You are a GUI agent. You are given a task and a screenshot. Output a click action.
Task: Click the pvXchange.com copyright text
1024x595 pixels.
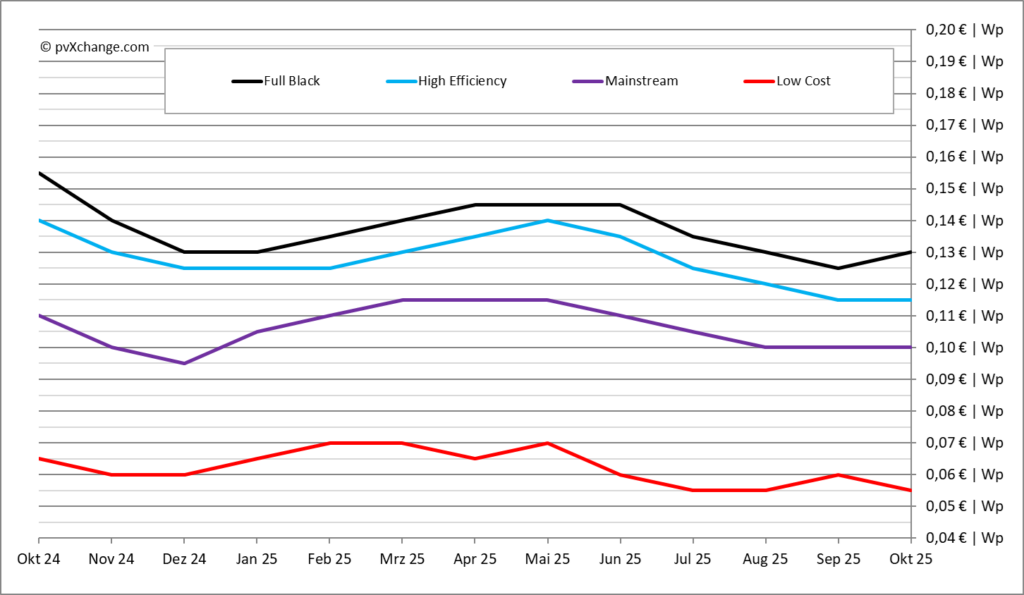[x=95, y=46]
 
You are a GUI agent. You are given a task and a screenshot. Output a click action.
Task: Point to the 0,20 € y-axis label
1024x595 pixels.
[x=964, y=30]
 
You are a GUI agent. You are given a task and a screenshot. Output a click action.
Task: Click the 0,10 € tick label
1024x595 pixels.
[x=964, y=348]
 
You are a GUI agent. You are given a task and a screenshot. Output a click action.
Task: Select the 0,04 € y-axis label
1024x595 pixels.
[x=964, y=538]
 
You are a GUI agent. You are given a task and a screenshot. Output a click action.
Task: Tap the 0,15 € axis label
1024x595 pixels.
[x=964, y=189]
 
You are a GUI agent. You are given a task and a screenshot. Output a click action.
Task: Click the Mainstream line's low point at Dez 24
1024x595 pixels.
[x=184, y=363]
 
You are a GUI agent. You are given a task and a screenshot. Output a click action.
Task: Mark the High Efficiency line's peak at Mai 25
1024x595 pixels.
[x=547, y=220]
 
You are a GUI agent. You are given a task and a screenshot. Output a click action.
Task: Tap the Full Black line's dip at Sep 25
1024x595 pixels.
[x=838, y=268]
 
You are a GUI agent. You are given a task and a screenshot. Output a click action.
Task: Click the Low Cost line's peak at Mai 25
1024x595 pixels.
[x=547, y=443]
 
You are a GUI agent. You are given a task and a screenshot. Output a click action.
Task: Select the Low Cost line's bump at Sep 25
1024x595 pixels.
[x=838, y=475]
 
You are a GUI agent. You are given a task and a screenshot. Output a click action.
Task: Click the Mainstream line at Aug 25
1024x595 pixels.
[x=765, y=347]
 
